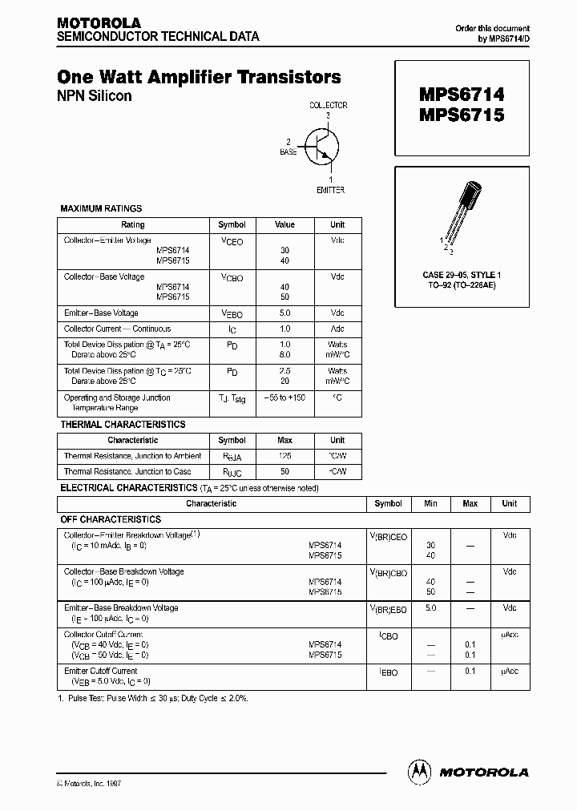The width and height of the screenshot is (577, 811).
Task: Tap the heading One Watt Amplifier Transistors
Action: click(x=200, y=78)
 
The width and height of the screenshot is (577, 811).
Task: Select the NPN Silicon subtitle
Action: click(x=95, y=96)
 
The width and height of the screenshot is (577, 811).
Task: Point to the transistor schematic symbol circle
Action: click(x=323, y=147)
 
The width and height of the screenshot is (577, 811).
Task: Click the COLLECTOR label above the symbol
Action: click(x=328, y=106)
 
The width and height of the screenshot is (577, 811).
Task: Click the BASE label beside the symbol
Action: click(x=288, y=151)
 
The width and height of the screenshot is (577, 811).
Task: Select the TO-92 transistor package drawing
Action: click(x=464, y=212)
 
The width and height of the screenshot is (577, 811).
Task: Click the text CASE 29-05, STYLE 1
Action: click(x=462, y=275)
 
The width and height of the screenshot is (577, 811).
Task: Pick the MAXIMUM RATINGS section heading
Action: click(x=101, y=208)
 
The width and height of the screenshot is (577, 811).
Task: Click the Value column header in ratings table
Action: click(x=284, y=225)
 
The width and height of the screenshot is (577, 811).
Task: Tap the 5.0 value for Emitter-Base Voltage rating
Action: click(x=284, y=313)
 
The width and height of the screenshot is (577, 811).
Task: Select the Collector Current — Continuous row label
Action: click(x=117, y=329)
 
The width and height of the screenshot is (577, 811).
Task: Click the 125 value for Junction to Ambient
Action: click(x=284, y=456)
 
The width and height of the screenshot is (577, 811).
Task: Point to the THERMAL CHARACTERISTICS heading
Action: click(x=123, y=424)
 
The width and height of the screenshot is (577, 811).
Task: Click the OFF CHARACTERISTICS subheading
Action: click(x=111, y=519)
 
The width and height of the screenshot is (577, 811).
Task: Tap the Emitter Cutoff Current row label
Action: click(x=101, y=671)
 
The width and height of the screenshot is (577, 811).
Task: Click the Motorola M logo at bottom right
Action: click(x=419, y=771)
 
